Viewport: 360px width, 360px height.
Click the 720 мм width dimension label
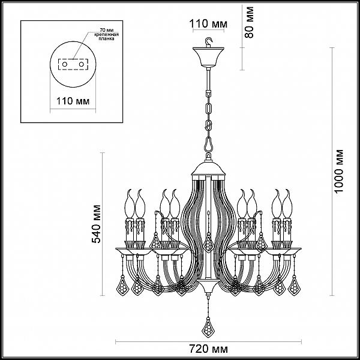coord(208,349)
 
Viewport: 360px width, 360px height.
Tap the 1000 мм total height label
coord(339,171)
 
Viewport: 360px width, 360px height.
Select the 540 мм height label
coord(96,224)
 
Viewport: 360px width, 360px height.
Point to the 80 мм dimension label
coord(249,22)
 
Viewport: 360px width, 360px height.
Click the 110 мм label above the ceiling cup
coord(208,23)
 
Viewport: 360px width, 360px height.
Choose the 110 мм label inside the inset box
coord(73,101)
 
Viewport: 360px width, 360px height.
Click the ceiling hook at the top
coord(209,42)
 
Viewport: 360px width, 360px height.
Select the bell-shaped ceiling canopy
coord(208,58)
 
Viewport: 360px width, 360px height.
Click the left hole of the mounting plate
coord(65,64)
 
